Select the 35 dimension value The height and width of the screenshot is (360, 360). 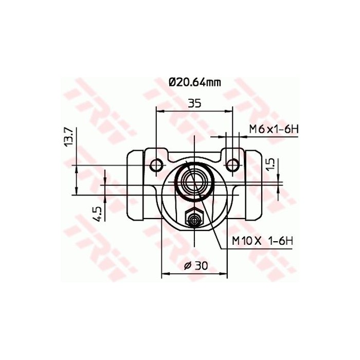pyautogui.click(x=194, y=103)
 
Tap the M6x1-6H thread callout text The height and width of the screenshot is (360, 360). pyautogui.click(x=274, y=129)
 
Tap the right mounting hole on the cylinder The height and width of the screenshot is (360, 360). pyautogui.click(x=233, y=164)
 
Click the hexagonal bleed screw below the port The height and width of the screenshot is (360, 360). pyautogui.click(x=194, y=220)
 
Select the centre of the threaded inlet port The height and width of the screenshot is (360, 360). pyautogui.click(x=194, y=182)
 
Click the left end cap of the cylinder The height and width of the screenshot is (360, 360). pyautogui.click(x=135, y=183)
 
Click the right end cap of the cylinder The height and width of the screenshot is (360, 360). pyautogui.click(x=254, y=183)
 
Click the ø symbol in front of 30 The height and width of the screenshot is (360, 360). pyautogui.click(x=187, y=265)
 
